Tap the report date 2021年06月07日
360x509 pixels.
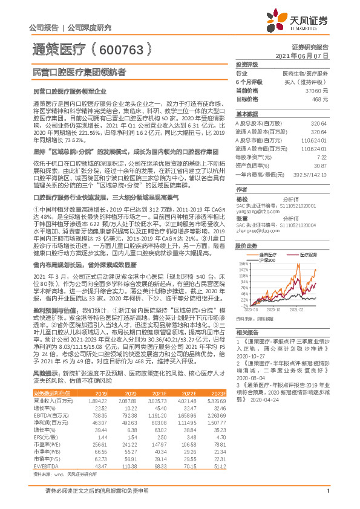tap(301, 55)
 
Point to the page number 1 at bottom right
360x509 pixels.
tap(327, 498)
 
